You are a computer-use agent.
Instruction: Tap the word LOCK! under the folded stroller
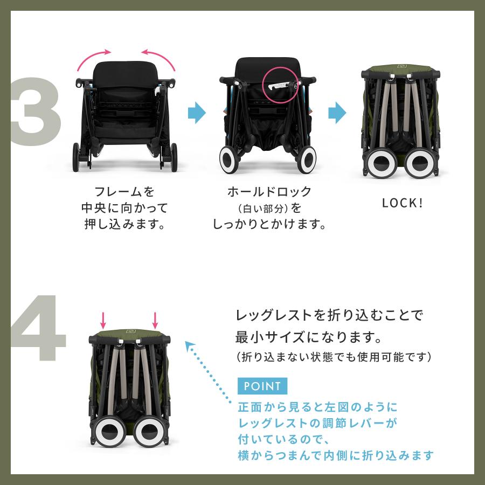(402, 204)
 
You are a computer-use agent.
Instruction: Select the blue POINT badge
(262, 386)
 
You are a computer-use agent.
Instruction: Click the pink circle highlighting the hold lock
(280, 85)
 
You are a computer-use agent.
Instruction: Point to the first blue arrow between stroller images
(197, 112)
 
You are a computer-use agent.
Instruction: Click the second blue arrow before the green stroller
(337, 112)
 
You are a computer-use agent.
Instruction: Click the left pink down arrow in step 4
(103, 320)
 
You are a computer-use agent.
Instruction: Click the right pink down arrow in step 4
(155, 320)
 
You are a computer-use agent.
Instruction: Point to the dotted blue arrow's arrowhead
(189, 345)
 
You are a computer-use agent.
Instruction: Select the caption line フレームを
(124, 191)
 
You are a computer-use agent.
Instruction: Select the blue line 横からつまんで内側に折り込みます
(335, 455)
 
